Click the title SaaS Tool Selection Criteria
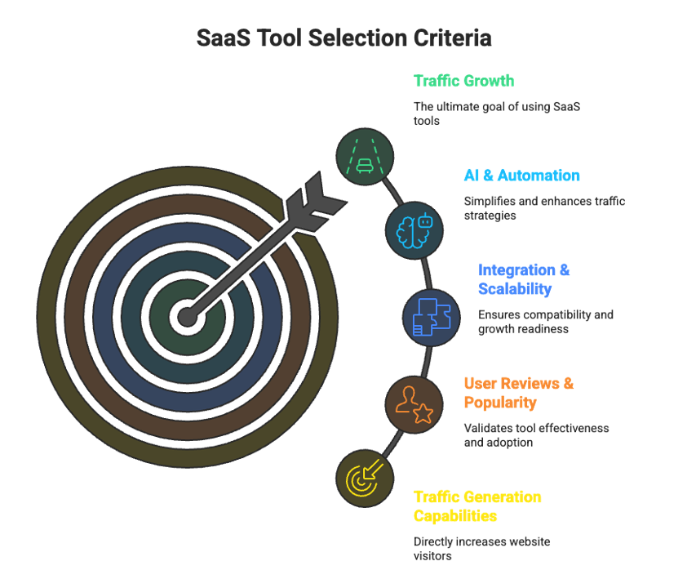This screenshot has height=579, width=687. pos(344,38)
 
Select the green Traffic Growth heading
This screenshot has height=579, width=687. pos(463,81)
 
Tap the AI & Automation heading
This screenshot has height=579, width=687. pos(522,176)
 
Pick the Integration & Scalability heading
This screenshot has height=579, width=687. pos(524,279)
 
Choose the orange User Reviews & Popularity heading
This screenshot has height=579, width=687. pos(519,393)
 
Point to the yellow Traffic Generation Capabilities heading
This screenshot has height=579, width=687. pos(477,506)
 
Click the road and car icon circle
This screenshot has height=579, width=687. pos(365,157)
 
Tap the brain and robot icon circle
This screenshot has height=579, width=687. pos(414,230)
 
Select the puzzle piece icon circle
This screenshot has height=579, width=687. pos(431,317)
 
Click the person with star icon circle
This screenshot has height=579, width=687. pos(414,404)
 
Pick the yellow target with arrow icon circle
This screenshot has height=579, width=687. pos(365,478)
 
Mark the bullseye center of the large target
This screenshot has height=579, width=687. pos(188,317)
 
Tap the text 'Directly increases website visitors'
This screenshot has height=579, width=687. pos(482,549)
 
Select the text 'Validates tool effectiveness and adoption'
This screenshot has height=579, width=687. pos(536,435)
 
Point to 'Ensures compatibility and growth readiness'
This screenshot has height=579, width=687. pos(546,322)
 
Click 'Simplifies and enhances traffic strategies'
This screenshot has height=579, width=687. pos(544,208)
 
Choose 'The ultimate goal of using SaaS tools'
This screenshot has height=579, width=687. pos(497,114)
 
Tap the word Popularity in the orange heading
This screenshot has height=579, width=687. pos(500,403)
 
